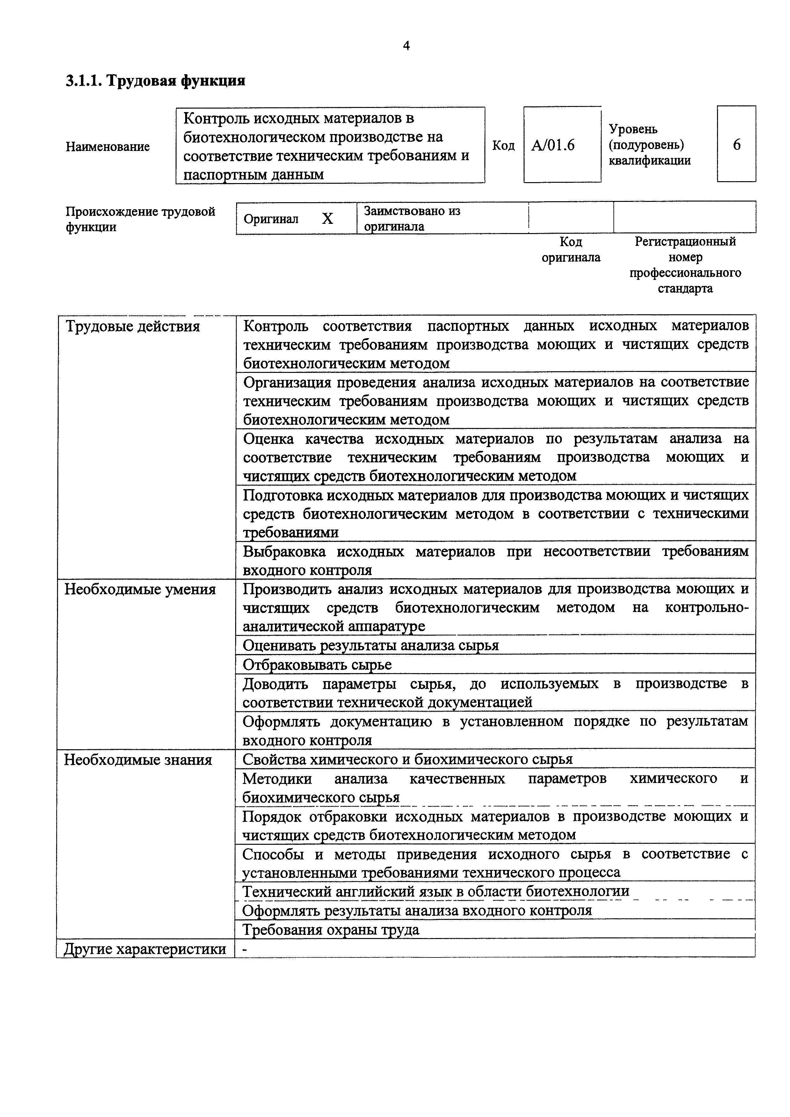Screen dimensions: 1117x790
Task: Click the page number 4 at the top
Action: pyautogui.click(x=406, y=46)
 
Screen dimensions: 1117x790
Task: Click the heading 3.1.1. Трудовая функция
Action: pyautogui.click(x=155, y=80)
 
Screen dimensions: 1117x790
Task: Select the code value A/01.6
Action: pyautogui.click(x=553, y=145)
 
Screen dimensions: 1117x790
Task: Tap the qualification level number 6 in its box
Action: pyautogui.click(x=736, y=145)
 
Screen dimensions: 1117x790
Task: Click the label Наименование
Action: pyautogui.click(x=108, y=146)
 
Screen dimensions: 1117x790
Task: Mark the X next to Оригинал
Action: pyautogui.click(x=328, y=219)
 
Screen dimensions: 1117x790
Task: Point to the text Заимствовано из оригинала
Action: pyautogui.click(x=412, y=218)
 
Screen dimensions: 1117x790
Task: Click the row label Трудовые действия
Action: pyautogui.click(x=132, y=326)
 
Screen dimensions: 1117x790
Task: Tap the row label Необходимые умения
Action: pyautogui.click(x=140, y=589)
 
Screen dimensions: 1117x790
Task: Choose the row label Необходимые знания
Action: pyautogui.click(x=138, y=760)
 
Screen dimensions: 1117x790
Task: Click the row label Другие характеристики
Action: pyautogui.click(x=145, y=949)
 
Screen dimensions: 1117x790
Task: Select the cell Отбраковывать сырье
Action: pyautogui.click(x=317, y=665)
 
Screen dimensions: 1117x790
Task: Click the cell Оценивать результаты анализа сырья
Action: pyautogui.click(x=370, y=645)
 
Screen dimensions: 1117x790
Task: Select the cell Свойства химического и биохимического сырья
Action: pyautogui.click(x=407, y=759)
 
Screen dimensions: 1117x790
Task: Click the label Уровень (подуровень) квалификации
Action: pyautogui.click(x=649, y=145)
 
